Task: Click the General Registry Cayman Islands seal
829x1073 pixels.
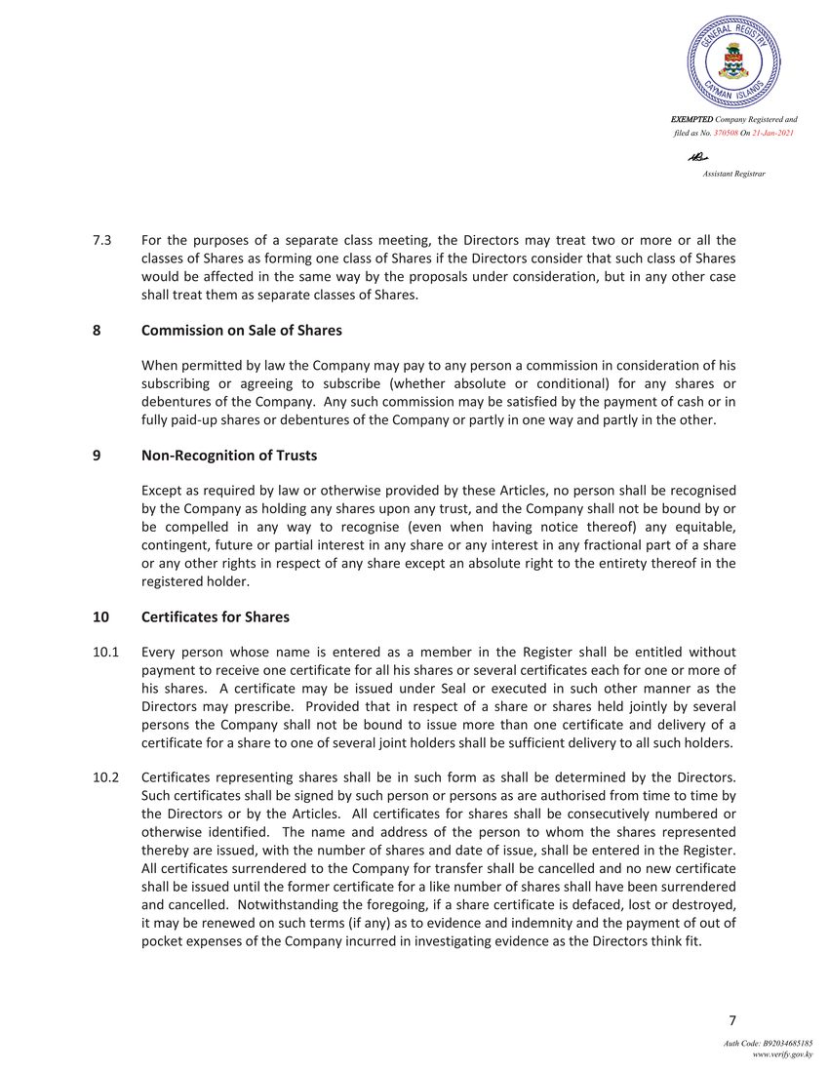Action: point(733,60)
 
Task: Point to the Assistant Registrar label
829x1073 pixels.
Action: point(733,173)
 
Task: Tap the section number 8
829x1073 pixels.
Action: point(97,331)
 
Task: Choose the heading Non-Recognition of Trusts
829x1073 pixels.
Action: point(229,456)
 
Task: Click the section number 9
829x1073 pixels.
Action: point(97,456)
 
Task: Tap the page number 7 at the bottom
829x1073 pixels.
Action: point(731,1021)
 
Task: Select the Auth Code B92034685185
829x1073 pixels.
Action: point(768,1044)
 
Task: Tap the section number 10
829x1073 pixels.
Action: point(100,617)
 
